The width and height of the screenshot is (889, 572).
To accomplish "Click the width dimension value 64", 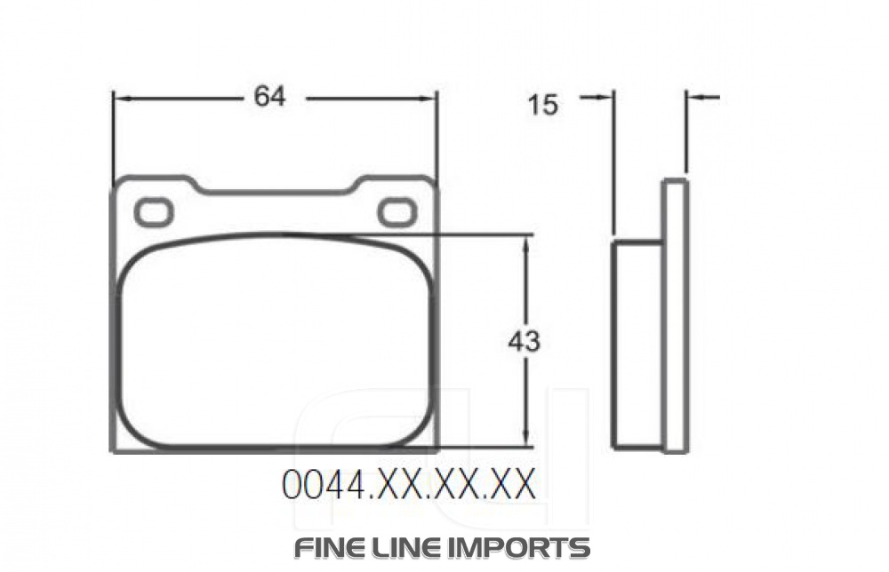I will (x=269, y=96).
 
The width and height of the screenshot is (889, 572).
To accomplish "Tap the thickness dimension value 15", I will (x=542, y=105).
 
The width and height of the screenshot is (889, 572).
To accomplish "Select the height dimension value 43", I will (x=524, y=341).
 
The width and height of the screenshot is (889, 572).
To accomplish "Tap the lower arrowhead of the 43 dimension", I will (x=528, y=439).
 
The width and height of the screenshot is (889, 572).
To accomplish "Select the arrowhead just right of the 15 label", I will (x=606, y=97).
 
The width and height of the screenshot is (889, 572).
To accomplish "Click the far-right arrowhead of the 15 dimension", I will (x=694, y=97).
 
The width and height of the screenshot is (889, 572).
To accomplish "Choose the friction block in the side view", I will (x=637, y=345).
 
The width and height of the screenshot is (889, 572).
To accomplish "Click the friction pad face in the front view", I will (x=276, y=342).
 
